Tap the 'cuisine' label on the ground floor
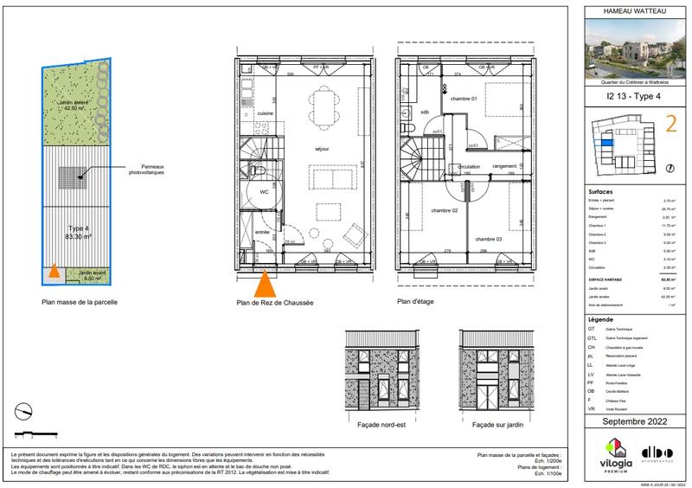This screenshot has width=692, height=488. (266, 113)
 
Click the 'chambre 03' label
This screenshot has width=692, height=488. (487, 239)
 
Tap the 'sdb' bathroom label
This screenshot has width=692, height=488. (425, 112)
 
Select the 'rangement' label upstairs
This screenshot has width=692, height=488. (504, 165)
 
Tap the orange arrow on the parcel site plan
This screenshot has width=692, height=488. (54, 272)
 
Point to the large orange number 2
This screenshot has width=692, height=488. (669, 127)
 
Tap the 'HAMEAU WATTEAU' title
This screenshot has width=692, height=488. (634, 11)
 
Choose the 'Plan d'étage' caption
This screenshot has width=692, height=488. (416, 302)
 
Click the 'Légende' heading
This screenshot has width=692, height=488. (599, 319)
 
